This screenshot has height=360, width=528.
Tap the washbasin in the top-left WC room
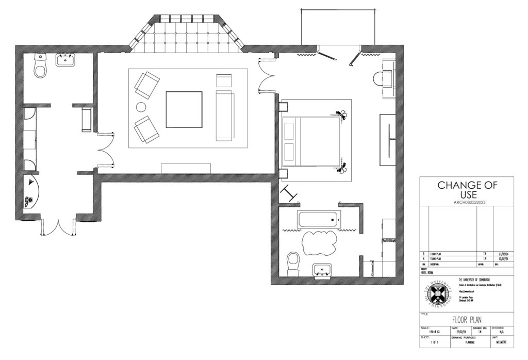65,60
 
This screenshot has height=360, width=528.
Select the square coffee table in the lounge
184,109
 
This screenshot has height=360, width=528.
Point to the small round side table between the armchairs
141,107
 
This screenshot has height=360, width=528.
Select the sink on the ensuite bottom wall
323,270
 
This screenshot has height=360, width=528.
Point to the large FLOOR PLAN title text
467,320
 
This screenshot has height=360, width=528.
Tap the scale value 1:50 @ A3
435,332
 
